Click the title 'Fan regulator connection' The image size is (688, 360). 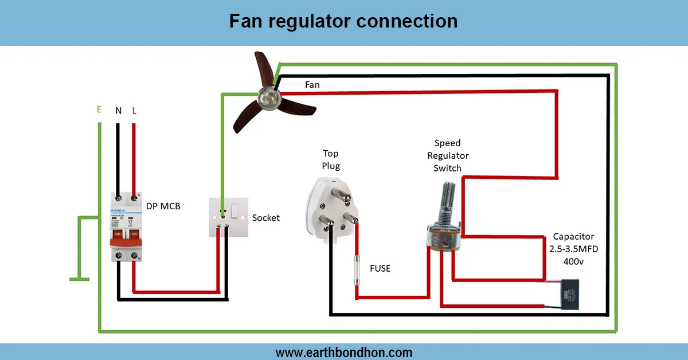click(x=343, y=21)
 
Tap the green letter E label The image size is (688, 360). click(x=99, y=109)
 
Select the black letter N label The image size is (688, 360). click(x=118, y=111)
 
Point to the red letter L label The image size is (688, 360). click(x=134, y=111)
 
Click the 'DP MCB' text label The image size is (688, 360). click(x=163, y=206)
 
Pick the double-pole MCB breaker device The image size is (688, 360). click(x=126, y=228)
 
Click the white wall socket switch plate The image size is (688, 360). click(x=228, y=217)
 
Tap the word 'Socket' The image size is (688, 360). click(x=266, y=218)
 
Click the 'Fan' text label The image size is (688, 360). click(x=312, y=85)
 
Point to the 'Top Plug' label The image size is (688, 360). click(x=331, y=160)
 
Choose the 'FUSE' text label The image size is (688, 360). click(x=380, y=268)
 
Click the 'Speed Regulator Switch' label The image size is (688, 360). click(x=448, y=155)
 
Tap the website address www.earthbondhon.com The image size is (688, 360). click(x=343, y=352)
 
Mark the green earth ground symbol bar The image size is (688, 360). click(x=80, y=279)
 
